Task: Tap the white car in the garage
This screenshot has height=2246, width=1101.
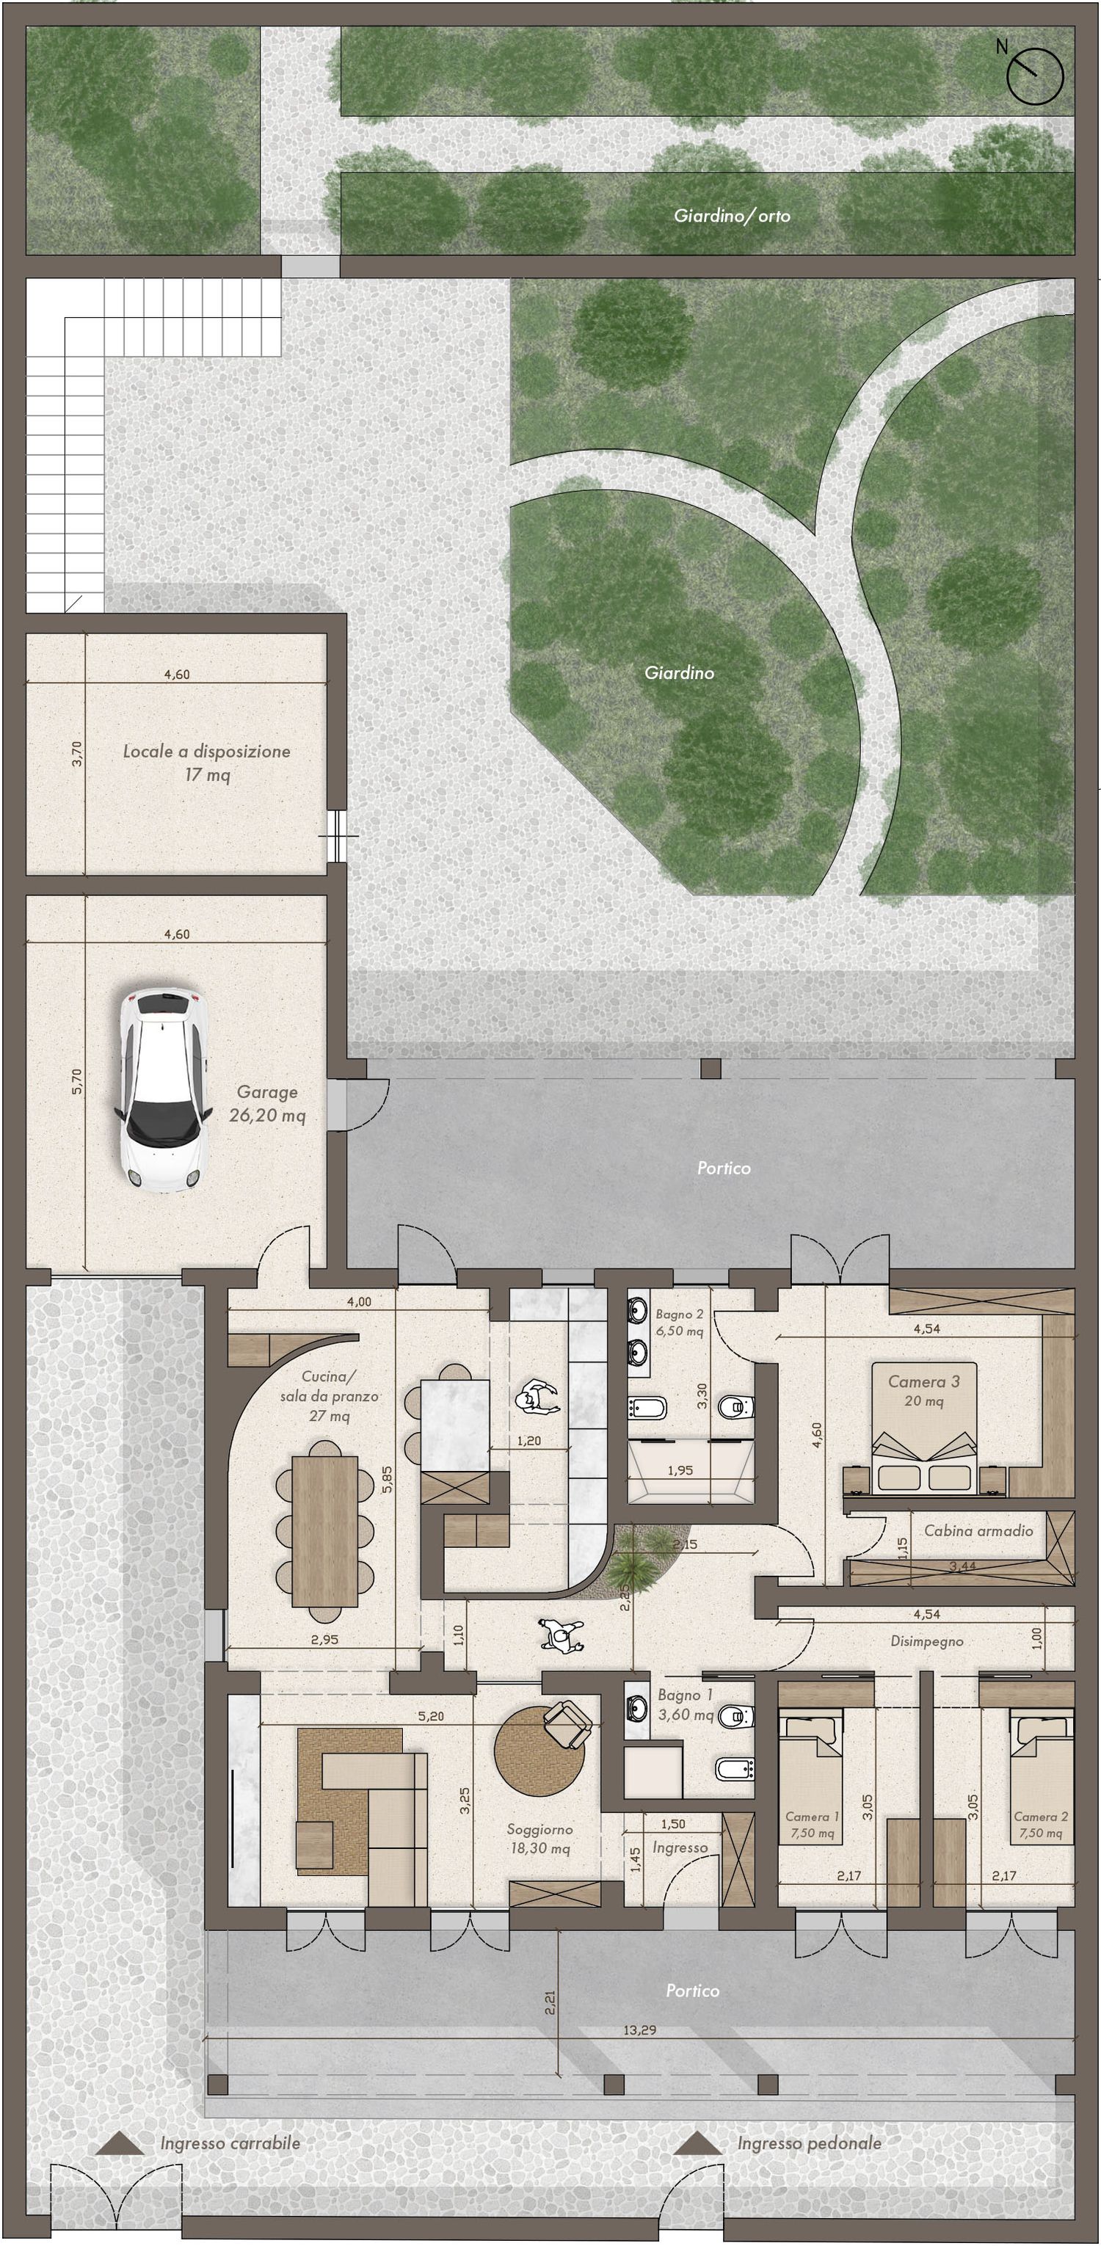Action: tap(163, 1086)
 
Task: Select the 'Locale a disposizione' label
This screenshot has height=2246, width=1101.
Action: tap(206, 751)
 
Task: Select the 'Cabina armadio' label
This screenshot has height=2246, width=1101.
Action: tap(978, 1530)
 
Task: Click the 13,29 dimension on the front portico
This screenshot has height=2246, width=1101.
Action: tap(640, 2029)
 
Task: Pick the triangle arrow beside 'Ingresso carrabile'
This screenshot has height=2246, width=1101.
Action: tap(120, 2143)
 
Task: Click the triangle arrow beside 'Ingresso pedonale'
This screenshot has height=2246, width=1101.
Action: tap(697, 2143)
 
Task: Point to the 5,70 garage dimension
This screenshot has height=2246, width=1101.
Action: tap(77, 1081)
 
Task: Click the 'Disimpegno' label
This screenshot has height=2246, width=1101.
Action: tap(926, 1641)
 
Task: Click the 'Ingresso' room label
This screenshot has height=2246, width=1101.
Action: tap(680, 1847)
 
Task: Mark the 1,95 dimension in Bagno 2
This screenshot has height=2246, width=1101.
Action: tap(680, 1470)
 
